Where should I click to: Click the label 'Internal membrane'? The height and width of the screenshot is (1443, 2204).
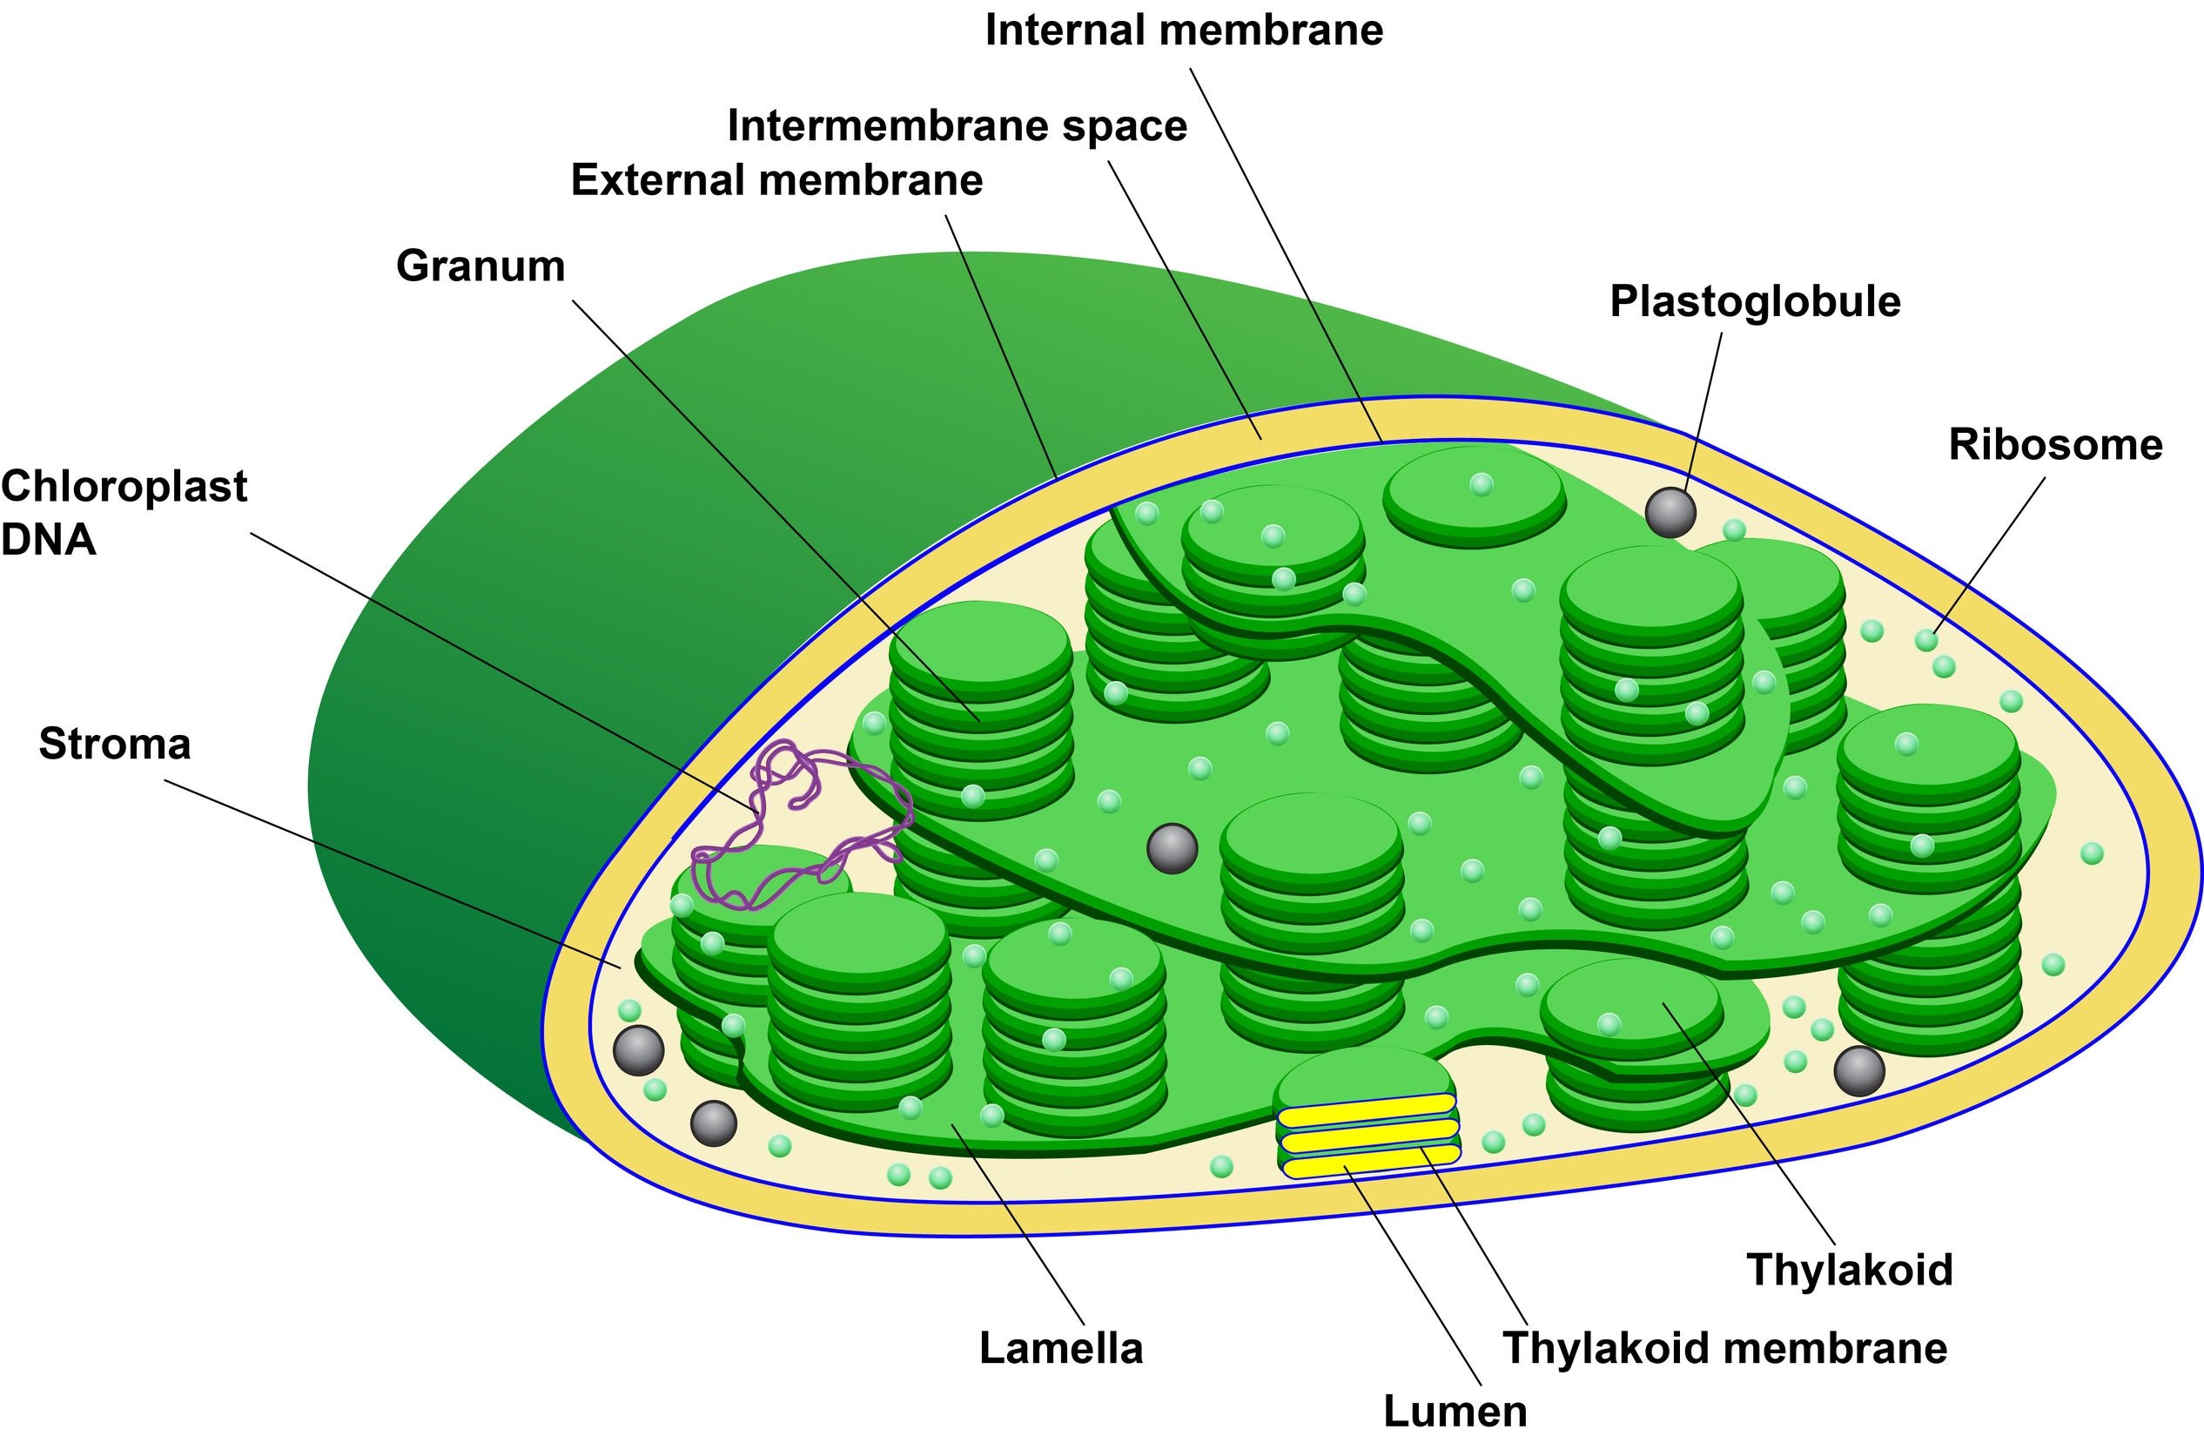coord(1184,30)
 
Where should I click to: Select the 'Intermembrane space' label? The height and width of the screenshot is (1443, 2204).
coord(957,126)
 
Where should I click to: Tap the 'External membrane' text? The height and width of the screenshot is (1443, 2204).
coord(776,179)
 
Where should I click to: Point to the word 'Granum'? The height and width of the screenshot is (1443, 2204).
coord(480,266)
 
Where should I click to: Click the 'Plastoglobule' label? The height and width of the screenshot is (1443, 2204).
coord(1755,302)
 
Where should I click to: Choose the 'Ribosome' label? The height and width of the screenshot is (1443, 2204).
coord(2055,445)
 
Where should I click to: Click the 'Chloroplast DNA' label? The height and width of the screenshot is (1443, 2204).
coord(123,512)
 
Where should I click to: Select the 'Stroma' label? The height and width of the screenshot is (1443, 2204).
coord(115,745)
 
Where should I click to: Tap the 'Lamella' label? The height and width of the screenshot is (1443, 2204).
coord(1060,1349)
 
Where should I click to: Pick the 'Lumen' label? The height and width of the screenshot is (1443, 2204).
coord(1455,1412)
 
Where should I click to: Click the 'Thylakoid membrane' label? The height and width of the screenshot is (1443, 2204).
coord(1724,1349)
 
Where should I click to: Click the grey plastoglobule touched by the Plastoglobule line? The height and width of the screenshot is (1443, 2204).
coord(1670,512)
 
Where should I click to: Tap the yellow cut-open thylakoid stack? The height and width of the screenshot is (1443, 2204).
coord(1367,1136)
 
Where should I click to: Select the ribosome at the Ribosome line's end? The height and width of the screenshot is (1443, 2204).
coord(1926,640)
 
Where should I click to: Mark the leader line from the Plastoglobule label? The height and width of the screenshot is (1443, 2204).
coord(1704,408)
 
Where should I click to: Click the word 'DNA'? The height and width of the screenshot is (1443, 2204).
coord(48,539)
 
